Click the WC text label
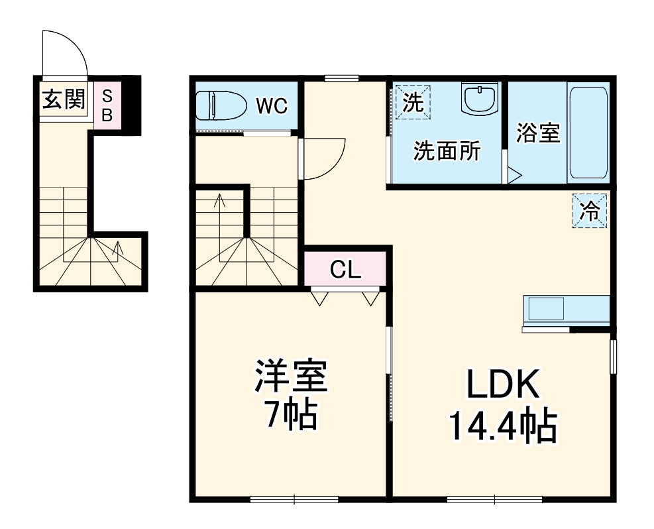[x=272, y=106]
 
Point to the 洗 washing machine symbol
[x=413, y=103]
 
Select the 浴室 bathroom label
[x=538, y=133]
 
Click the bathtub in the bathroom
[x=588, y=131]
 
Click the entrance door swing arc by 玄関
[x=65, y=53]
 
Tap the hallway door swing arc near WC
[x=323, y=159]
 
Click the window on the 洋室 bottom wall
[x=294, y=499]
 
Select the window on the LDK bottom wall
[x=494, y=499]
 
